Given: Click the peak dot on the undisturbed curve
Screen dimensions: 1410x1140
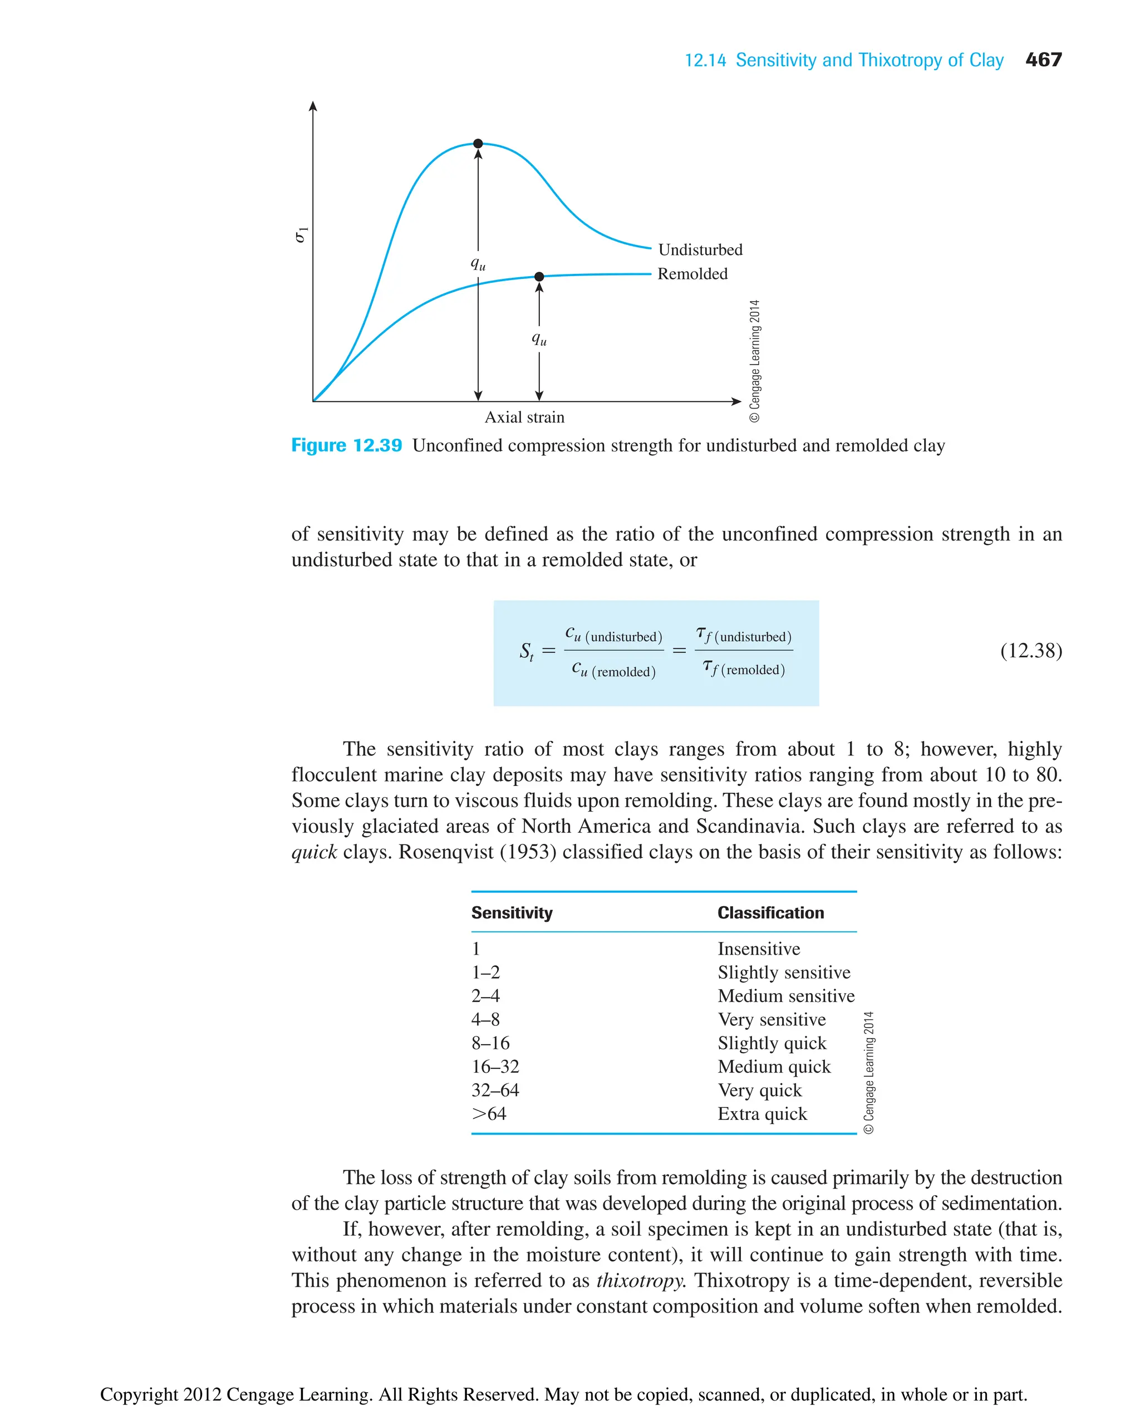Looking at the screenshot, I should click(x=478, y=143).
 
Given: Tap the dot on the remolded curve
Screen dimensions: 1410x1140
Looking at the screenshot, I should click(x=539, y=277).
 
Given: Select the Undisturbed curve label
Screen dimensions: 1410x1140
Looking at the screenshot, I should click(x=700, y=249).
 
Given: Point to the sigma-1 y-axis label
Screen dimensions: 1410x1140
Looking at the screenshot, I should click(x=301, y=234).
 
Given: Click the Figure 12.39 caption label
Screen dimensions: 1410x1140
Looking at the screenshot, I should click(x=346, y=445).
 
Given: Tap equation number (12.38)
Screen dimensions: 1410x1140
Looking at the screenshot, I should click(x=1030, y=650).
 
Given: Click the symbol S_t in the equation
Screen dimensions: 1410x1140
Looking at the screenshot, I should click(x=527, y=651).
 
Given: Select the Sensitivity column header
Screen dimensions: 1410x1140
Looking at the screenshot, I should click(x=512, y=912).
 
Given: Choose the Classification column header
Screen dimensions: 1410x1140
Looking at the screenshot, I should click(x=770, y=912).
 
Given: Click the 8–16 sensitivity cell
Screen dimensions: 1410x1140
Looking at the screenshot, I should click(x=490, y=1042).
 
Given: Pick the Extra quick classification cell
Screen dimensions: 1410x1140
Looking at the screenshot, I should click(x=761, y=1113).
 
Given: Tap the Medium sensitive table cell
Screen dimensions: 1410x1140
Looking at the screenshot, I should click(x=785, y=996).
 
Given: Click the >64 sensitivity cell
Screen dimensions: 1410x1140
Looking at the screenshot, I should click(x=489, y=1113).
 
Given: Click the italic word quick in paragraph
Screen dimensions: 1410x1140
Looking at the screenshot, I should click(x=314, y=852).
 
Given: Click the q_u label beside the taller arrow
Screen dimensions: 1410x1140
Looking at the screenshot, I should click(x=478, y=264).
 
